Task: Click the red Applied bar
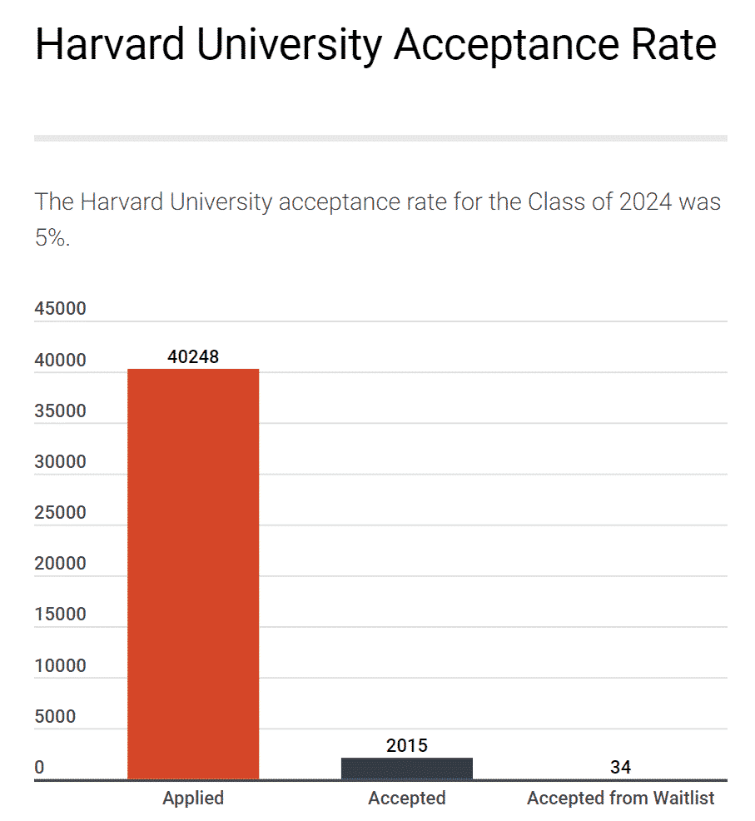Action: pos(193,574)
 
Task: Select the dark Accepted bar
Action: pos(407,769)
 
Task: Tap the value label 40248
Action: pos(193,356)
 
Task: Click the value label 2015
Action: pos(407,745)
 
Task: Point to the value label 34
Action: pos(620,767)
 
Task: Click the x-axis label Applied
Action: pos(193,798)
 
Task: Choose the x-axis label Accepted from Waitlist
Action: pos(621,798)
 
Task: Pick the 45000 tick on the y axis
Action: pos(60,309)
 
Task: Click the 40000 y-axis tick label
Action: pos(60,361)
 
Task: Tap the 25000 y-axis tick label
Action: pos(60,513)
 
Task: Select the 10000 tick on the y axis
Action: pos(60,666)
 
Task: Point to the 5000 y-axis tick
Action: pos(55,717)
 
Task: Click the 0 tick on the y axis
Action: pos(39,768)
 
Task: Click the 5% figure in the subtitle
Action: pos(52,238)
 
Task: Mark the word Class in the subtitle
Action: pos(559,202)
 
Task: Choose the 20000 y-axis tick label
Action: pos(60,564)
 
